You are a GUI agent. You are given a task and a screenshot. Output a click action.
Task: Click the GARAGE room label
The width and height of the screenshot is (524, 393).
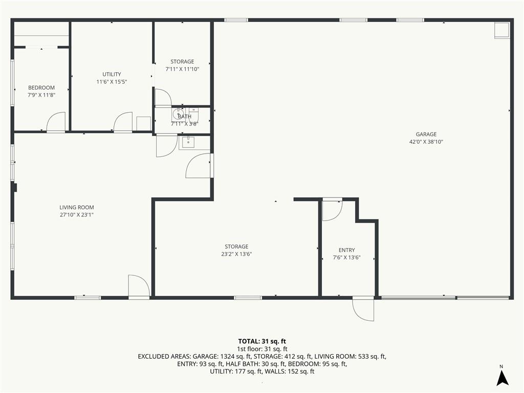(x=426, y=135)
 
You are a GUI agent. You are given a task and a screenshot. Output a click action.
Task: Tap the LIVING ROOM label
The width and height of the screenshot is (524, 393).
(x=77, y=208)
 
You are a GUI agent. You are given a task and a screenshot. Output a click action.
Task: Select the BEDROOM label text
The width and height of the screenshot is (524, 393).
(x=41, y=88)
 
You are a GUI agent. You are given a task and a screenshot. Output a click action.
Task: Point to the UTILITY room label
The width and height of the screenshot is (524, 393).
(x=112, y=74)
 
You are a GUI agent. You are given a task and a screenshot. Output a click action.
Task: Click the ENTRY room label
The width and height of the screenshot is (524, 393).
(x=346, y=250)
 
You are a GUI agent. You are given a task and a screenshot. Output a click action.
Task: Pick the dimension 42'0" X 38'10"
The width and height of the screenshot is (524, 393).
(x=426, y=142)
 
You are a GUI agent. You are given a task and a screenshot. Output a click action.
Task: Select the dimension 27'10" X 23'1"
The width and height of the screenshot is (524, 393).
(x=77, y=215)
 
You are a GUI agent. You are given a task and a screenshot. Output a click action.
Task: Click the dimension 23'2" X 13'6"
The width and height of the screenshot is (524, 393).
(x=236, y=254)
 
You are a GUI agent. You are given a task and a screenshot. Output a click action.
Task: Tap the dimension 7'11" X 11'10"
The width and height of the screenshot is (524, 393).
(x=182, y=69)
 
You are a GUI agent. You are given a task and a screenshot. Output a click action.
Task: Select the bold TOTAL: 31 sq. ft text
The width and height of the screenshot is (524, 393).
(x=262, y=341)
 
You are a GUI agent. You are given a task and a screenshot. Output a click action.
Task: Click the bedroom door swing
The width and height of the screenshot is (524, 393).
(x=56, y=122)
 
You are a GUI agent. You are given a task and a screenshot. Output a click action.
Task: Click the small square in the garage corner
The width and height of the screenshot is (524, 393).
(x=502, y=31)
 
